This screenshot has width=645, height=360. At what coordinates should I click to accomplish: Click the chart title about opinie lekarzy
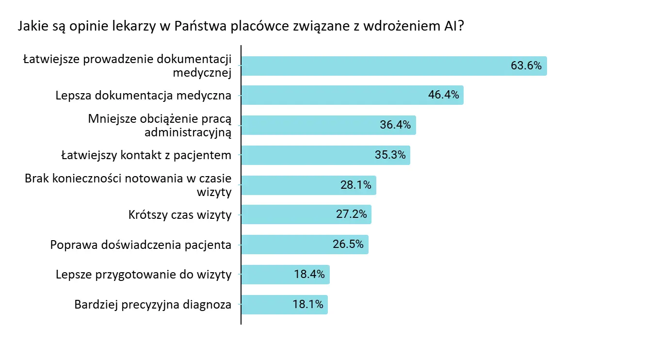coord(241,26)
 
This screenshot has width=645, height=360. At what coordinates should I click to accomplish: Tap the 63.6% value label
coord(526,65)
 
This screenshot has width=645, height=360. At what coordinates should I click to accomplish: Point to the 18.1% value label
coord(308,305)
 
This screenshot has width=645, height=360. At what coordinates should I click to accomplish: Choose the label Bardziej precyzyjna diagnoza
coord(153,305)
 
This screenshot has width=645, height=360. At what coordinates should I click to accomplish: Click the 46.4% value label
coord(443,95)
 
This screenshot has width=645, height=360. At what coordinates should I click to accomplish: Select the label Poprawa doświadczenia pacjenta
coord(141,245)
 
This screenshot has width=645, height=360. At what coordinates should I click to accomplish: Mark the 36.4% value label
coord(395,125)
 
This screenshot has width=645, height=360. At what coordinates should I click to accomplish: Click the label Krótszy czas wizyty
coord(180,214)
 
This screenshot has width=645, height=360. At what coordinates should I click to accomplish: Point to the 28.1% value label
coord(355,185)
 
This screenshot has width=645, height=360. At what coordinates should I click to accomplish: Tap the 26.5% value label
coord(348,245)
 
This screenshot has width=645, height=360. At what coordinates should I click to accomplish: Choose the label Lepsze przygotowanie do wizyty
coord(144,275)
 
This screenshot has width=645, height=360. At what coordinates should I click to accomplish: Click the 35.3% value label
coord(390,155)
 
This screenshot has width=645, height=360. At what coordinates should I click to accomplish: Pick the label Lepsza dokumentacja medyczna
coord(144,95)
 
